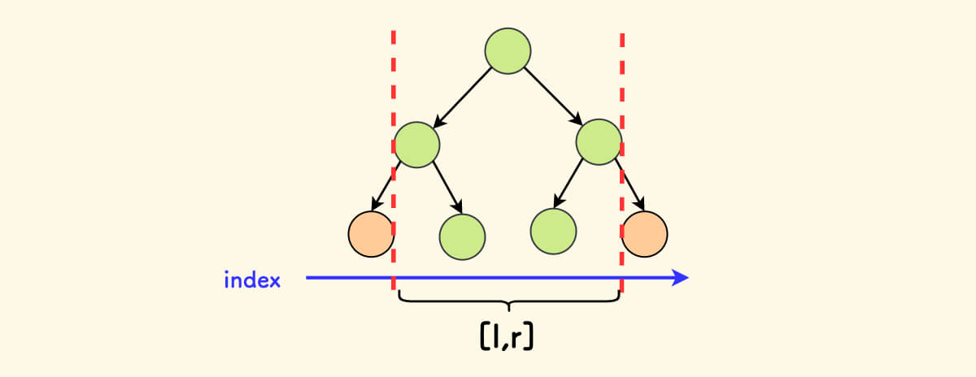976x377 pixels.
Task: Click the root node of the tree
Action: (508, 52)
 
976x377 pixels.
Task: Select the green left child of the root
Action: (416, 145)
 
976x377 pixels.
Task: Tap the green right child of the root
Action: (599, 142)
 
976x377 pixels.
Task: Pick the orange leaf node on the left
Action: (371, 234)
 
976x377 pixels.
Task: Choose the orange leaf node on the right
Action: (645, 234)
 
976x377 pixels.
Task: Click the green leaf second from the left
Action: (462, 236)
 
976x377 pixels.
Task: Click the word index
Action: (252, 281)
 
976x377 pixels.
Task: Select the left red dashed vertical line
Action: (394, 97)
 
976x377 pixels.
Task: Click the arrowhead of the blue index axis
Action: (680, 279)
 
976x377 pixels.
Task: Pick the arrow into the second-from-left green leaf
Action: (447, 188)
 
